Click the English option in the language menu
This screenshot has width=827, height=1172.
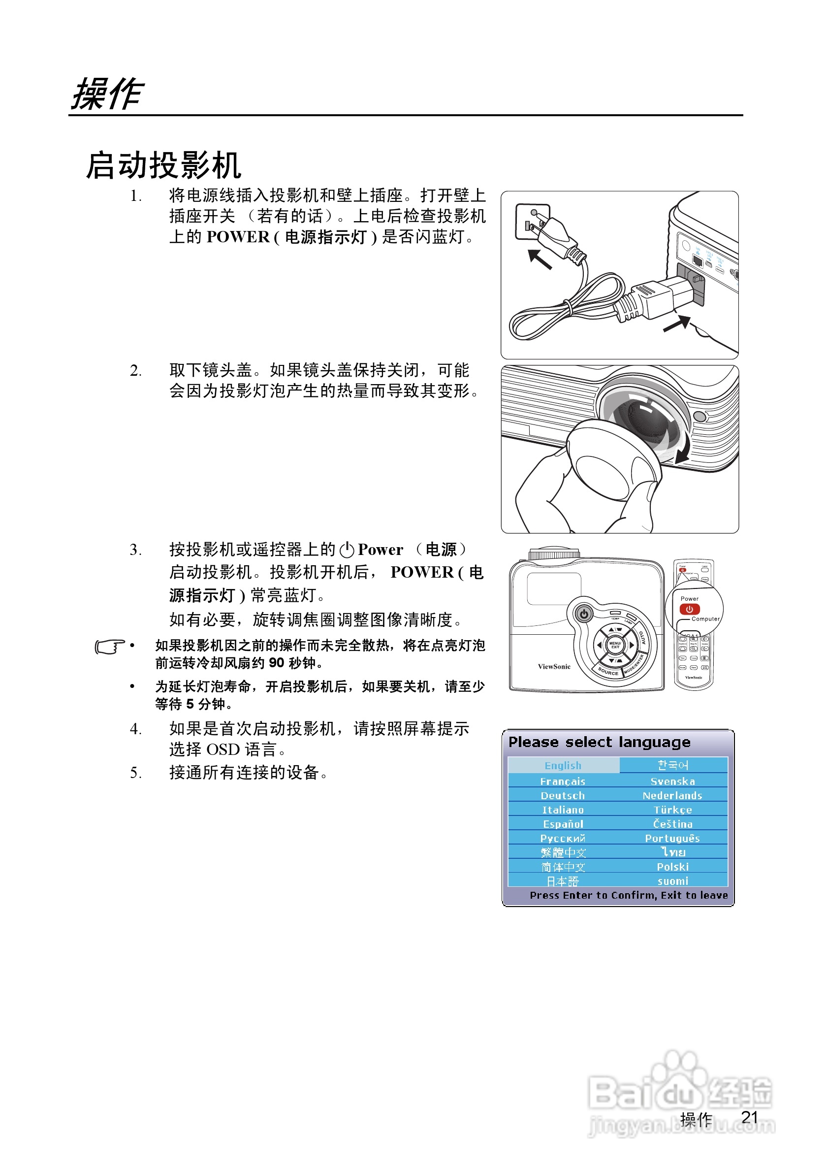(563, 765)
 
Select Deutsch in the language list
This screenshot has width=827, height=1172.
(563, 795)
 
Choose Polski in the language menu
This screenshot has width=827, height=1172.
(672, 867)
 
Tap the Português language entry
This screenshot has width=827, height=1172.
(672, 838)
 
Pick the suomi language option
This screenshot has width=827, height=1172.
(672, 881)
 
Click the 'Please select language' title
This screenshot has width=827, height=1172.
(600, 742)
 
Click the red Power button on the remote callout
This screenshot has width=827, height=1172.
(689, 609)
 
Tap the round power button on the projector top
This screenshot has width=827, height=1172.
(584, 614)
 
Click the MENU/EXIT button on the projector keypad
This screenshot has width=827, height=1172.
(615, 645)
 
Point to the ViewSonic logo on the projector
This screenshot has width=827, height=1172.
(554, 666)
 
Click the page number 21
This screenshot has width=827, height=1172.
(749, 1117)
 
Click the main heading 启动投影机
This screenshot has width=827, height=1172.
(163, 165)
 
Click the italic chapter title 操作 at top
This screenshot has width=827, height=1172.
(107, 95)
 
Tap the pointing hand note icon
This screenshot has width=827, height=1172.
(109, 646)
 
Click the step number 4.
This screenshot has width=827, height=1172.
(135, 729)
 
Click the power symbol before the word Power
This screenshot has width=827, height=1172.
(347, 550)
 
